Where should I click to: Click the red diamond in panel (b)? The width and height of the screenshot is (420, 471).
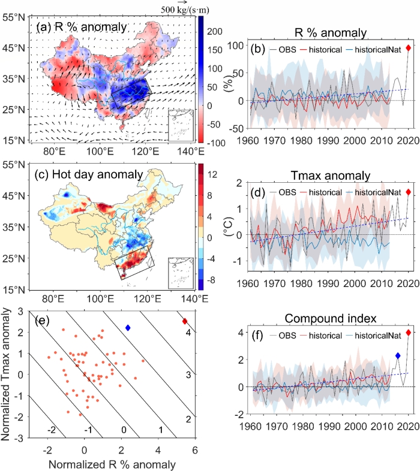[x=408, y=48]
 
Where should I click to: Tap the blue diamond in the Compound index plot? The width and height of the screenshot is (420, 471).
[x=397, y=355]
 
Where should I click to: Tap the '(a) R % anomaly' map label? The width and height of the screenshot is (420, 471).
[x=73, y=26]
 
